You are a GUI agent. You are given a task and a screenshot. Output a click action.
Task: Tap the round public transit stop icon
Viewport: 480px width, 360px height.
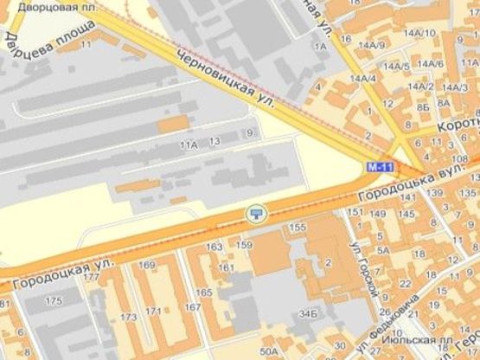pos(255,213)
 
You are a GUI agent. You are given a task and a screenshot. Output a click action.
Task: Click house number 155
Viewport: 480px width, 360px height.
pos(298,227)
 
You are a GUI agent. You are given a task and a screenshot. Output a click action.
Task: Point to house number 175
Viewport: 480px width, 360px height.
pos(54,300)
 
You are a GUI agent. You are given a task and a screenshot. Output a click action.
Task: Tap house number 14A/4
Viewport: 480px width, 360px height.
pos(362,79)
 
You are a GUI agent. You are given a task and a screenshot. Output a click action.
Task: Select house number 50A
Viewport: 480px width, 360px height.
pos(269,350)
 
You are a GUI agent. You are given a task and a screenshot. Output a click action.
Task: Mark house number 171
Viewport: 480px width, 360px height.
pos(154,310)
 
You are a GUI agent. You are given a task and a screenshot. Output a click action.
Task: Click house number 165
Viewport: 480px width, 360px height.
pos(204,292)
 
